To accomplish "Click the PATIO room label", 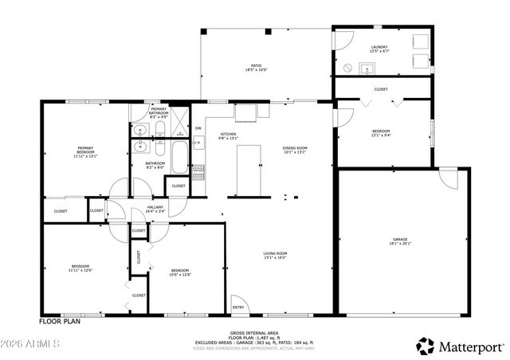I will tap(257, 66).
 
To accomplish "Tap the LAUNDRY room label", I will tap(380, 49).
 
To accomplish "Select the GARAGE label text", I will tap(400, 239).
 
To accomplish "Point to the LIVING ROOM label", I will tap(276, 253).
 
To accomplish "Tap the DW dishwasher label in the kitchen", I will tap(198, 128).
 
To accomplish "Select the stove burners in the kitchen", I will tap(198, 170).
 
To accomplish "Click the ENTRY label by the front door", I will tap(237, 307).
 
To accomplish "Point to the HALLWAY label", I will tap(155, 207).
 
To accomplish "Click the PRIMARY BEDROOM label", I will tap(85, 149).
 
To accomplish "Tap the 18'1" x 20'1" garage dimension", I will tap(400, 245).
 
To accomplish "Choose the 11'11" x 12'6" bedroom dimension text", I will tap(80, 271).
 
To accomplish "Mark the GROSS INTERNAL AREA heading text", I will tap(254, 332).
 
